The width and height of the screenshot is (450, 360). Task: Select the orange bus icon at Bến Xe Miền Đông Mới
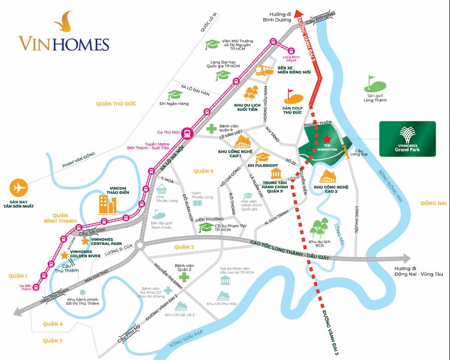(265, 70)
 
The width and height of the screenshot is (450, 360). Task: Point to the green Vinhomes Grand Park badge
(407, 139)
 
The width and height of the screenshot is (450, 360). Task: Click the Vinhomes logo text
(64, 44)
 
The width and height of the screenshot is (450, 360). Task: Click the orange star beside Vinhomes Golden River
(64, 256)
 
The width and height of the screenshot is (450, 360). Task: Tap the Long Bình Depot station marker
(291, 50)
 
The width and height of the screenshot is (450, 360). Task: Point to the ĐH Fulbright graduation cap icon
(263, 157)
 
